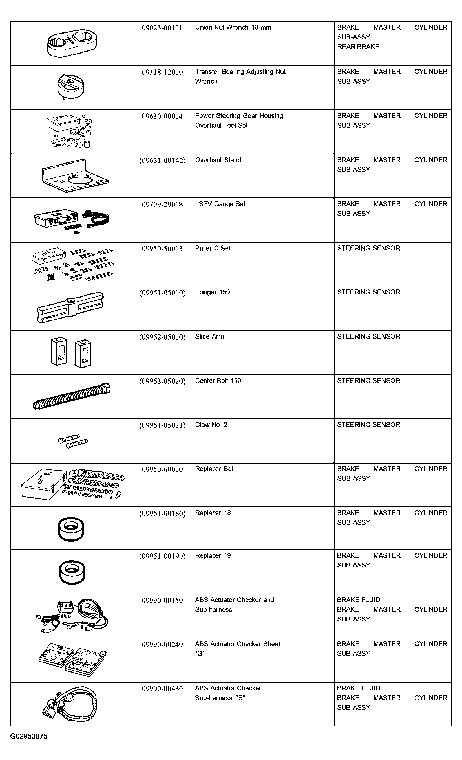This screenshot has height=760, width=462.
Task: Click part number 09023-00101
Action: [x=162, y=28]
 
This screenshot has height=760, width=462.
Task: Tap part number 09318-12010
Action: [x=162, y=72]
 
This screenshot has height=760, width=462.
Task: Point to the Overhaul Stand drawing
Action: [x=75, y=176]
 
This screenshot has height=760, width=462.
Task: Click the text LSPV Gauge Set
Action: [x=220, y=204]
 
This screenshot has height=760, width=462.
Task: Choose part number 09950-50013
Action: [x=162, y=249]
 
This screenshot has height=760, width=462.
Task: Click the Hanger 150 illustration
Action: [x=70, y=307]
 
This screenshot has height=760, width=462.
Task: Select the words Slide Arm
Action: [x=209, y=337]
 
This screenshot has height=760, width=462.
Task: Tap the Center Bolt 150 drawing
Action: [x=72, y=396]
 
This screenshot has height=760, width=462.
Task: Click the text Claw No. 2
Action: [x=211, y=425]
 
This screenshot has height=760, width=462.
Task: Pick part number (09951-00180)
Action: [x=162, y=513]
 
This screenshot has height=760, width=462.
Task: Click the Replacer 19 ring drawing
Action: [x=72, y=572]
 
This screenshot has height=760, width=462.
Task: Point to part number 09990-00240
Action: [x=162, y=644]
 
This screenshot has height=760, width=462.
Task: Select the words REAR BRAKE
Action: [x=358, y=47]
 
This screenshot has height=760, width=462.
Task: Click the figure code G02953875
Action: [x=29, y=737]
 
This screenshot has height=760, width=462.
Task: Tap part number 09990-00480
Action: [x=162, y=689]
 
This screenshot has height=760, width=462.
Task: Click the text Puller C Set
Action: [x=212, y=248]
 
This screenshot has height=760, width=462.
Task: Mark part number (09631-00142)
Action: [x=162, y=161]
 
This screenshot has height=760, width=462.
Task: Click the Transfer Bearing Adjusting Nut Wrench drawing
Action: [x=70, y=87]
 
